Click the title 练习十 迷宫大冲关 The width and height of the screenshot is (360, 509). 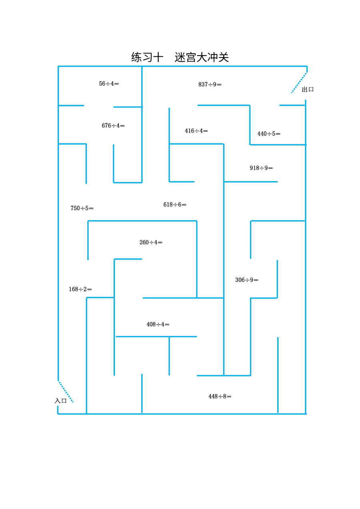(x=180, y=57)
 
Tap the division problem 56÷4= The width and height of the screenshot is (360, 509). (x=109, y=84)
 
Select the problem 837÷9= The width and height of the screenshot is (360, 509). (x=210, y=84)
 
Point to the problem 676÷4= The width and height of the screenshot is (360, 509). (x=113, y=126)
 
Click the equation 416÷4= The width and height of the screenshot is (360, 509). (x=196, y=131)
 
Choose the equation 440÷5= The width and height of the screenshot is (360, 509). (x=269, y=134)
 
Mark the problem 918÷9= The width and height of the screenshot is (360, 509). (x=261, y=168)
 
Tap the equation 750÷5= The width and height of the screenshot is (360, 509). (x=82, y=208)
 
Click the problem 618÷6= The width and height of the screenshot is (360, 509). (x=175, y=204)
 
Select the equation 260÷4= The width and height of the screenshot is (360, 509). (x=151, y=242)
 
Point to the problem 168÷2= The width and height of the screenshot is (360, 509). (x=80, y=289)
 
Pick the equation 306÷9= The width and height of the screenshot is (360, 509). (x=246, y=280)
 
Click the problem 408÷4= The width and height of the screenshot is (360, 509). (x=158, y=324)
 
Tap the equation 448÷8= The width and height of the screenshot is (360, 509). (x=220, y=396)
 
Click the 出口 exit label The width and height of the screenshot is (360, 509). (x=308, y=90)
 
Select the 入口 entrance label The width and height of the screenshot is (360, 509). (x=60, y=401)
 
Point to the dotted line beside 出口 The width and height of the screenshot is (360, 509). (x=299, y=83)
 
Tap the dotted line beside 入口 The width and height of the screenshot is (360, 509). (x=66, y=392)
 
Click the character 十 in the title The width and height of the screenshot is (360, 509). (x=158, y=57)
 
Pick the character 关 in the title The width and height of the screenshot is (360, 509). (x=224, y=57)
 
